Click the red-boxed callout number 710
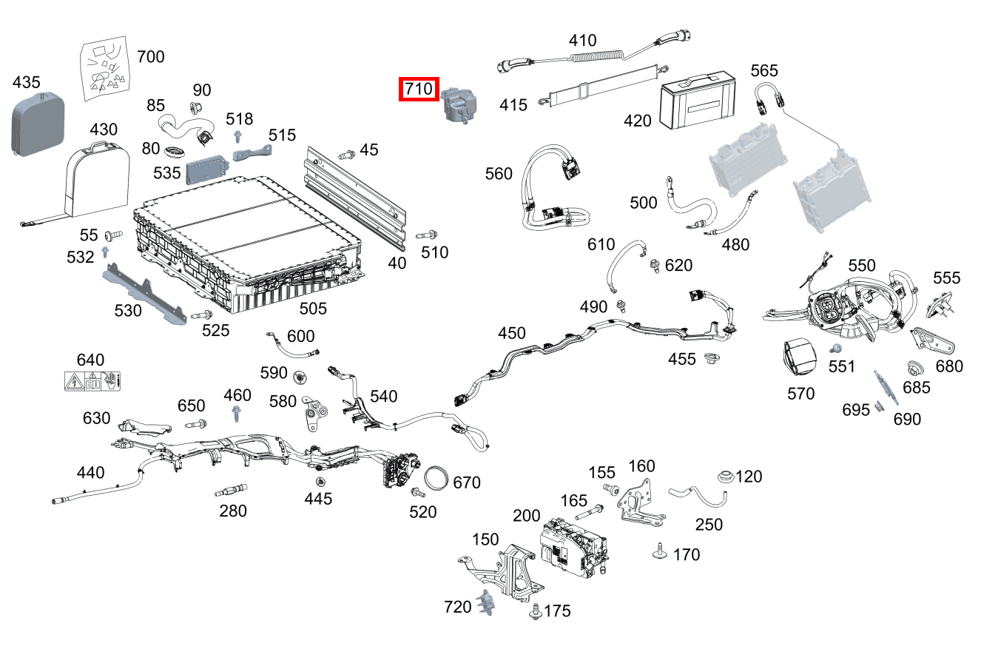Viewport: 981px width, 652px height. (419, 90)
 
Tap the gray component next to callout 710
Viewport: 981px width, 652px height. (459, 105)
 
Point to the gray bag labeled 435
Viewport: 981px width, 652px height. (38, 122)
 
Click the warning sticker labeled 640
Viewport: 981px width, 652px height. (93, 382)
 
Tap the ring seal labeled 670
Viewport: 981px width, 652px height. (439, 479)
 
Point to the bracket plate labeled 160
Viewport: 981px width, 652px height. (641, 503)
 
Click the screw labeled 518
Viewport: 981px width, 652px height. (238, 137)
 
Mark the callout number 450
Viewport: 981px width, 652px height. (512, 334)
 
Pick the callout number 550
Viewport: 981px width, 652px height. (862, 266)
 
